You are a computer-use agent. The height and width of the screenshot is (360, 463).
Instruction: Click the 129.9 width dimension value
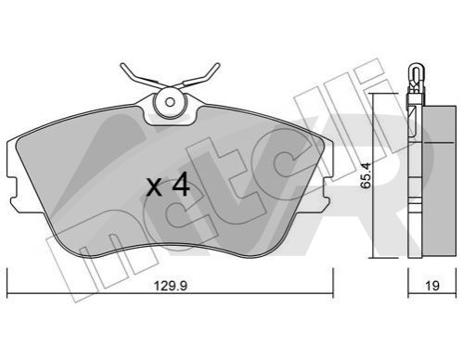171,286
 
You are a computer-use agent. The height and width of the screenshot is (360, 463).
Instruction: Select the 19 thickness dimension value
432,286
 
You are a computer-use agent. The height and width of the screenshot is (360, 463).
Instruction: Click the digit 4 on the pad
181,185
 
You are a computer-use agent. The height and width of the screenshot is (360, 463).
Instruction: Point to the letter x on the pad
154,188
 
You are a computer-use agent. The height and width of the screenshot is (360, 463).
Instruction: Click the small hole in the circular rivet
170,102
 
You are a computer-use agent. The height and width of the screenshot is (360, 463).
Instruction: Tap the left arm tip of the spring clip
122,65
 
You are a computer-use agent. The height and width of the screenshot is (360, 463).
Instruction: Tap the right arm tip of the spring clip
217,65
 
